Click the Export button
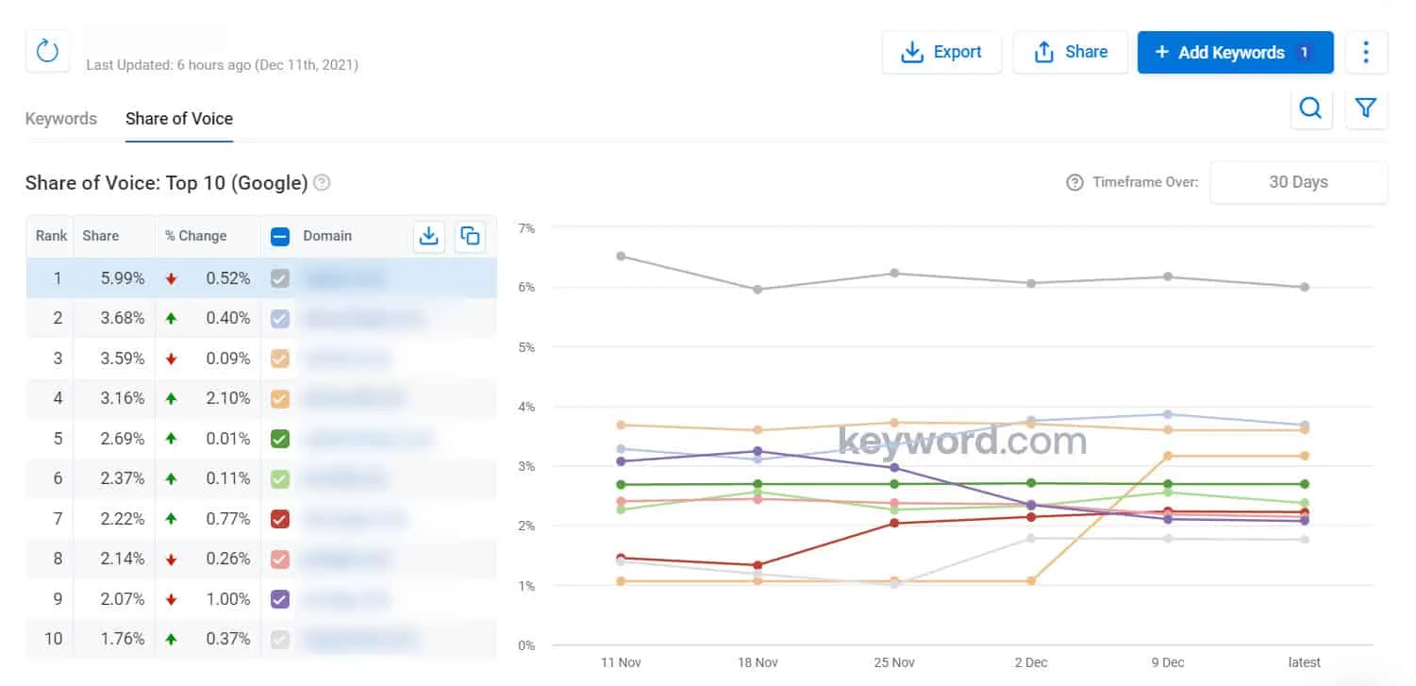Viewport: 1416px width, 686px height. [x=941, y=53]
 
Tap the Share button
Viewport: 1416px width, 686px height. [x=1070, y=53]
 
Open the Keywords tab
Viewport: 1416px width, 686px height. [x=61, y=119]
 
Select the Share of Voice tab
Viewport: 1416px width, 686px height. [x=179, y=119]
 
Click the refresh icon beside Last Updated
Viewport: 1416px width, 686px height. [x=47, y=51]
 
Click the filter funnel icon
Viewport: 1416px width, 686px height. [x=1365, y=109]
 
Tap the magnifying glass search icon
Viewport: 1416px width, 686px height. [x=1310, y=109]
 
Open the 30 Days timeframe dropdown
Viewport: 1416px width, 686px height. [x=1298, y=182]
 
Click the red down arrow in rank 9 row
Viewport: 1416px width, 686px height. [x=171, y=599]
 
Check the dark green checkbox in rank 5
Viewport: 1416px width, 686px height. [x=279, y=439]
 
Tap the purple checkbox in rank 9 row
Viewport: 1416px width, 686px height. [x=279, y=599]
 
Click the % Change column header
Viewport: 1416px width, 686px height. [x=196, y=236]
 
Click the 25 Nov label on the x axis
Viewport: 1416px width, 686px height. [x=893, y=662]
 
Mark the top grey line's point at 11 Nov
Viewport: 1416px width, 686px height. [x=621, y=256]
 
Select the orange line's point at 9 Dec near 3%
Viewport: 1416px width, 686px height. [x=1167, y=456]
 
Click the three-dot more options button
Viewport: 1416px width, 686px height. [x=1365, y=52]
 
